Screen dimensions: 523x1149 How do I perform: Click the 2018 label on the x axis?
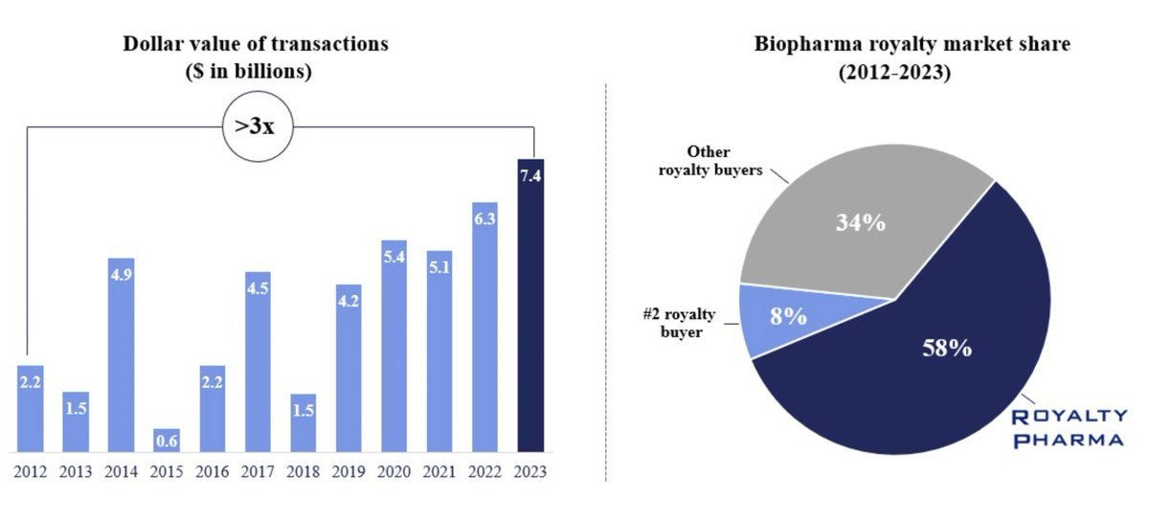tap(303, 471)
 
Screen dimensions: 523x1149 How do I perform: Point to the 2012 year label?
tap(31, 471)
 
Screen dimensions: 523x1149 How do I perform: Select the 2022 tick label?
tap(484, 471)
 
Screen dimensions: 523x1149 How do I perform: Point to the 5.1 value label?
tap(439, 267)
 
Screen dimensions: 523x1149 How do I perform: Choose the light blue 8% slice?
tap(785, 316)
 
